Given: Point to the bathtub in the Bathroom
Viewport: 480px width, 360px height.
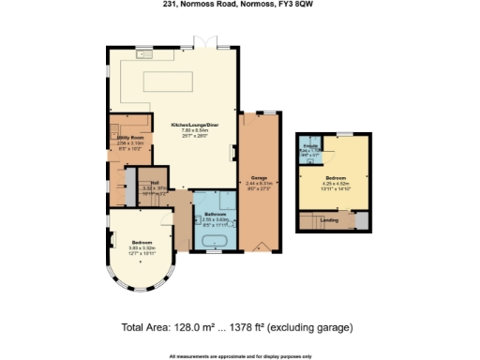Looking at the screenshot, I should tap(214, 242).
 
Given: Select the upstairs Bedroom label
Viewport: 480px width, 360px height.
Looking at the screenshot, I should tap(335, 176).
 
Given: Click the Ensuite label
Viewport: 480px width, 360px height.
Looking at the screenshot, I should tap(310, 146).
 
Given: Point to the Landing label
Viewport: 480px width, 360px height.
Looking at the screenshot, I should tap(329, 220).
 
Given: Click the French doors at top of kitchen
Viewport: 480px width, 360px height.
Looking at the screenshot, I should tap(198, 45).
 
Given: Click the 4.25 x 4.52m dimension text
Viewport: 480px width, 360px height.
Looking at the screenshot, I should tap(335, 183).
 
